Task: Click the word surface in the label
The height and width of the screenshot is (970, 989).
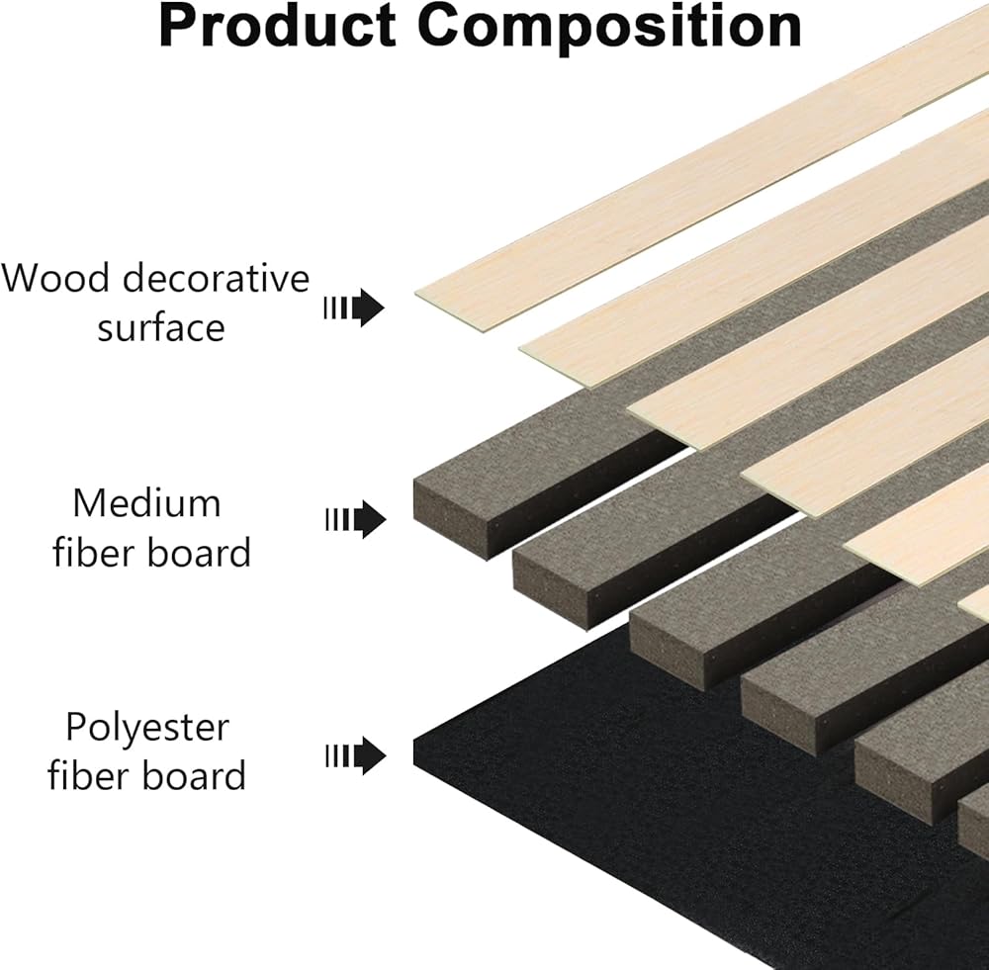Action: click(160, 327)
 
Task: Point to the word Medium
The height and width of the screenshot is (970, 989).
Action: click(146, 503)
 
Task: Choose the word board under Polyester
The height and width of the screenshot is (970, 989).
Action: click(194, 775)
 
